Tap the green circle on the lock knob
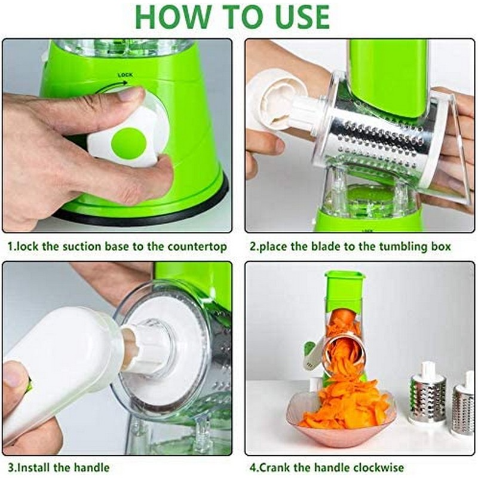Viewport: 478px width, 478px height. (x=128, y=142)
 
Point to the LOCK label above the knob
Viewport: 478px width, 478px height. (x=125, y=75)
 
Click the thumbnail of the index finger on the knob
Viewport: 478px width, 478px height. (x=131, y=94)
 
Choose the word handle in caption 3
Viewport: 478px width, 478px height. (x=91, y=467)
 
